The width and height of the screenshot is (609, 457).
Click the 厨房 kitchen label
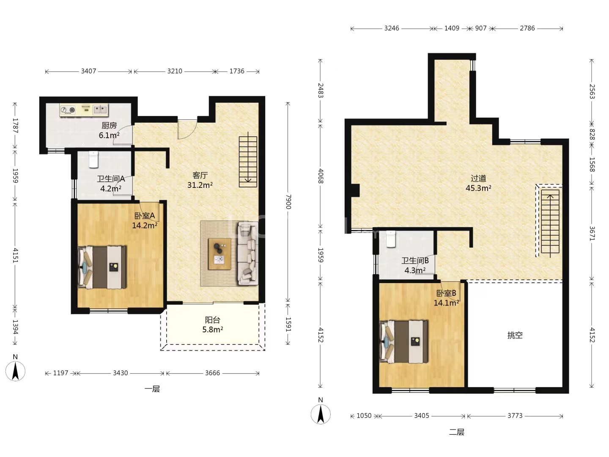[109, 126]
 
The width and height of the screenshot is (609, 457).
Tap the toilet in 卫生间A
[93, 160]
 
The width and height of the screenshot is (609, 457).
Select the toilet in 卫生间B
[391, 239]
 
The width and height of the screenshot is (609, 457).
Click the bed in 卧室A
[102, 267]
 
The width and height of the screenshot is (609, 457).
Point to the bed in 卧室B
[404, 342]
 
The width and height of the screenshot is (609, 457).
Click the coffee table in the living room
[220, 254]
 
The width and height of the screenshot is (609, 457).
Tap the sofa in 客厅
[248, 253]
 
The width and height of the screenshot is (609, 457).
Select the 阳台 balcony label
[213, 320]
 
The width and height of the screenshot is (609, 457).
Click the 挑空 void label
[515, 335]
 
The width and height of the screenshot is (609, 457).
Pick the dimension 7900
[288, 202]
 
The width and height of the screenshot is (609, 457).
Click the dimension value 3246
[392, 28]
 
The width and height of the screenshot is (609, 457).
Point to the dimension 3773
[515, 416]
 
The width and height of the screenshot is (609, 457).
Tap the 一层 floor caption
[152, 389]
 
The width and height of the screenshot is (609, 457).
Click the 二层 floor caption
[457, 432]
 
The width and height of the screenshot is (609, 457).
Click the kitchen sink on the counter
[100, 109]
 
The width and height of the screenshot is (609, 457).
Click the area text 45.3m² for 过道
[478, 188]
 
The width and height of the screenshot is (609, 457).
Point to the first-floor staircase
[248, 162]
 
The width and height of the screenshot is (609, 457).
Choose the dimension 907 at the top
[480, 28]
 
